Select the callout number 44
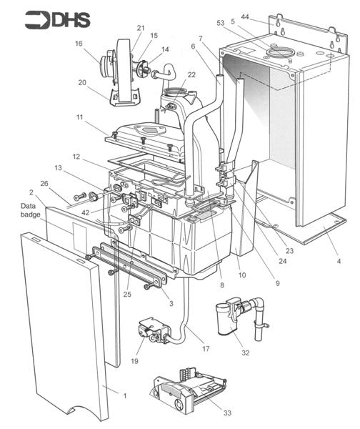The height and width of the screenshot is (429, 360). coord(245,16)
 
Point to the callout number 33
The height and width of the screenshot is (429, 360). coord(208,413)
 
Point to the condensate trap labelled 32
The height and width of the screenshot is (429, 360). coord(232,318)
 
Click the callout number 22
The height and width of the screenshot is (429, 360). coord(191,75)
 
